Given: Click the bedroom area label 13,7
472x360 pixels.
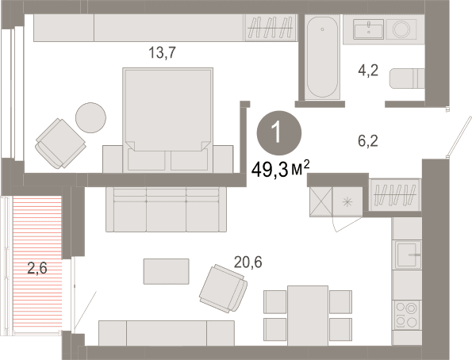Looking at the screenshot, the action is [x=162, y=52].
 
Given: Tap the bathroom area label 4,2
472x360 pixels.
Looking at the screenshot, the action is [x=368, y=71].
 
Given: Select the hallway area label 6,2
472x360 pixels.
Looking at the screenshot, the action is [x=368, y=140].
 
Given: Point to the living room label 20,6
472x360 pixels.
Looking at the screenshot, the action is [x=248, y=262].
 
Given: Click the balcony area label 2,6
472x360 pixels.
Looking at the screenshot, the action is [x=37, y=267].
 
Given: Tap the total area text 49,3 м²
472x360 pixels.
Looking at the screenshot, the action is [x=280, y=170].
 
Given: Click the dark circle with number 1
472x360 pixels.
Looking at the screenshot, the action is [x=279, y=133].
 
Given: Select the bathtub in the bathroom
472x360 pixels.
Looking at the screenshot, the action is [x=322, y=57].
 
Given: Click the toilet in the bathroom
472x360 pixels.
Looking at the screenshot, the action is [x=407, y=79].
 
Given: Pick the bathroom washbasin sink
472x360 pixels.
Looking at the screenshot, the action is [x=368, y=29].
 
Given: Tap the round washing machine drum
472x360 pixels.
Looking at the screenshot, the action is [x=401, y=29].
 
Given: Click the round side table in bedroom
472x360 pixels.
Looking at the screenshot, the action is [x=90, y=117].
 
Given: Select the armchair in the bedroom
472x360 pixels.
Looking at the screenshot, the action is [x=60, y=144].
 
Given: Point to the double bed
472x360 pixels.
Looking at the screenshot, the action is [x=167, y=120].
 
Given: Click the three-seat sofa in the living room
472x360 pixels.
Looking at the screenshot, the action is [x=166, y=209].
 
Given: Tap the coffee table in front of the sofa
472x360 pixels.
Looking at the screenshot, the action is [x=166, y=271].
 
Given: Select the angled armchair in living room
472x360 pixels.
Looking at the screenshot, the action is [x=223, y=289].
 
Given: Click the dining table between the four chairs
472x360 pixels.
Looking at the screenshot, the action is [x=308, y=316].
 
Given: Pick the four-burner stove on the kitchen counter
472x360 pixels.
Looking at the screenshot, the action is [x=407, y=315].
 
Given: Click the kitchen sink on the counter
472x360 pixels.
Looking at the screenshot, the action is [x=407, y=255].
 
